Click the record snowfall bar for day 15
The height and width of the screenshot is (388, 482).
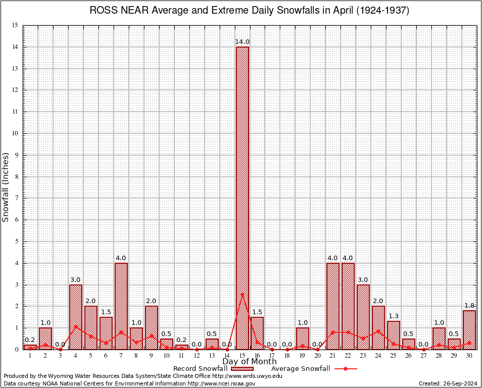click(242, 197)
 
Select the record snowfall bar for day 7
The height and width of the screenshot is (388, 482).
click(121, 306)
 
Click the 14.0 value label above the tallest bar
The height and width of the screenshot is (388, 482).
click(242, 41)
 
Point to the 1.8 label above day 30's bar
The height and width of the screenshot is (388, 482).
click(469, 305)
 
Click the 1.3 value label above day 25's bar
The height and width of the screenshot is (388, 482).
click(394, 316)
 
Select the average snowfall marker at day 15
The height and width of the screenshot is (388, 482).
click(242, 295)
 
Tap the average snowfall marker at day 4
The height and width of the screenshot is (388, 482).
click(76, 326)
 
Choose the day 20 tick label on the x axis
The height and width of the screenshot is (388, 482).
click(317, 356)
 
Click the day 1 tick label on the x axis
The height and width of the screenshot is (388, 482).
click(30, 356)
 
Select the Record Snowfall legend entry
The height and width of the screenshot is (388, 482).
click(202, 368)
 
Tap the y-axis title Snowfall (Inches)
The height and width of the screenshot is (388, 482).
click(6, 187)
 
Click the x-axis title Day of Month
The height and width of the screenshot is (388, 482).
click(249, 362)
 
